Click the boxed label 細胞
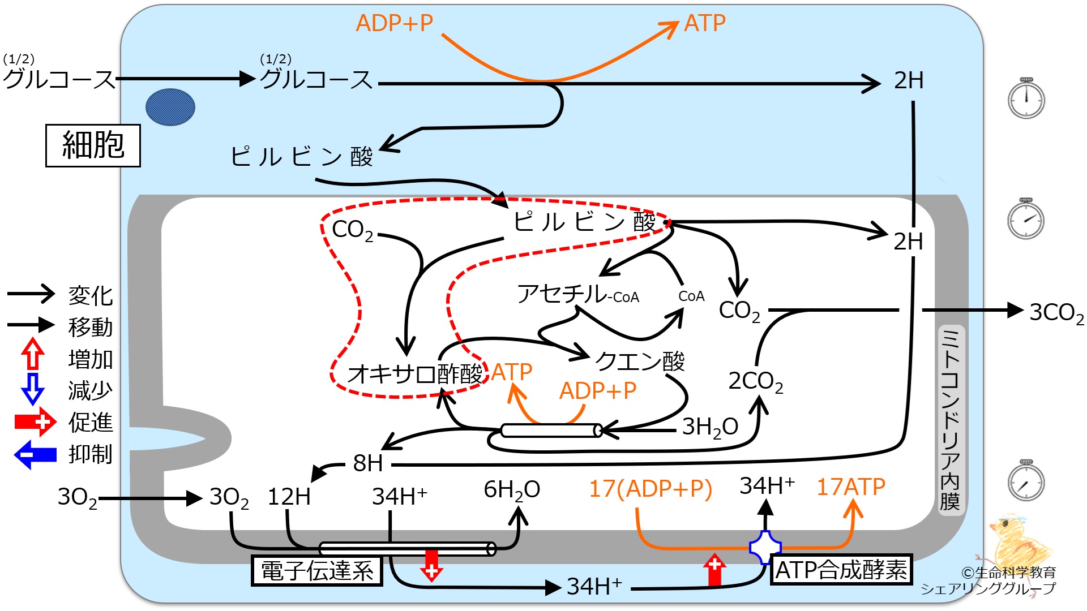point(93,145)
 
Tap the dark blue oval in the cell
point(170,107)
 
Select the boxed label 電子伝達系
point(317,570)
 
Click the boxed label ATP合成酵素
point(841,569)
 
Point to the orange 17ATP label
point(851,487)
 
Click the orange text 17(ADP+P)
point(651,489)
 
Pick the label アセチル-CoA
point(578,294)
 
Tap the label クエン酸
point(640,360)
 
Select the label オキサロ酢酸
point(415,374)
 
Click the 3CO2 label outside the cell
point(1056,312)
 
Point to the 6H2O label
point(512,490)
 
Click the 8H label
point(368,463)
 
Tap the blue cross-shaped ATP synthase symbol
point(765,547)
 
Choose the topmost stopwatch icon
point(1026,98)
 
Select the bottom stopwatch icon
point(1026,481)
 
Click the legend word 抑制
point(91,454)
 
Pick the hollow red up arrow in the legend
point(33,354)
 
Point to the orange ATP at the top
point(705,23)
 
